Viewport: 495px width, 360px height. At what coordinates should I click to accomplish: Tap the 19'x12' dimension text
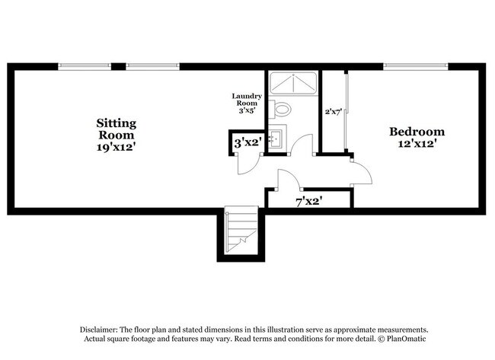117,148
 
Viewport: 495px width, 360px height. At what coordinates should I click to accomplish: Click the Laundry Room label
247,100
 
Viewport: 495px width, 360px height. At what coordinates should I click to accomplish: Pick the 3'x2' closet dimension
247,142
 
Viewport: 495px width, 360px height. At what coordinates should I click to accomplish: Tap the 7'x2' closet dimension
308,202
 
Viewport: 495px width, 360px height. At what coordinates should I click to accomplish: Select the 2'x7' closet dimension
333,111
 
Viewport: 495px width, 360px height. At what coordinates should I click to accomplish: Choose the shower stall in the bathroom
293,81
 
